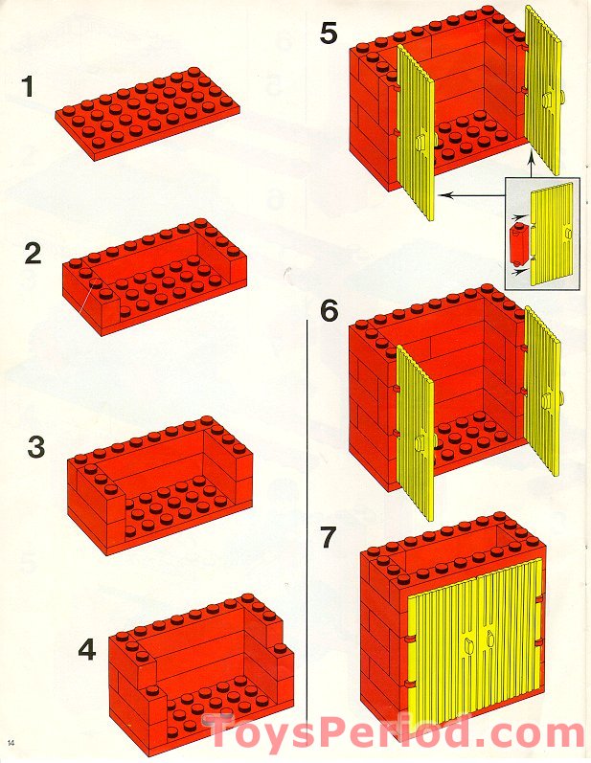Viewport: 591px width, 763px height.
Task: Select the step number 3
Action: [36, 447]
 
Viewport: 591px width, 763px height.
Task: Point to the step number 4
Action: [87, 651]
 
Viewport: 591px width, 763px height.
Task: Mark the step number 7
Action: [329, 538]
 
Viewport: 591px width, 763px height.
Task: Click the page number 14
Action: [11, 744]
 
